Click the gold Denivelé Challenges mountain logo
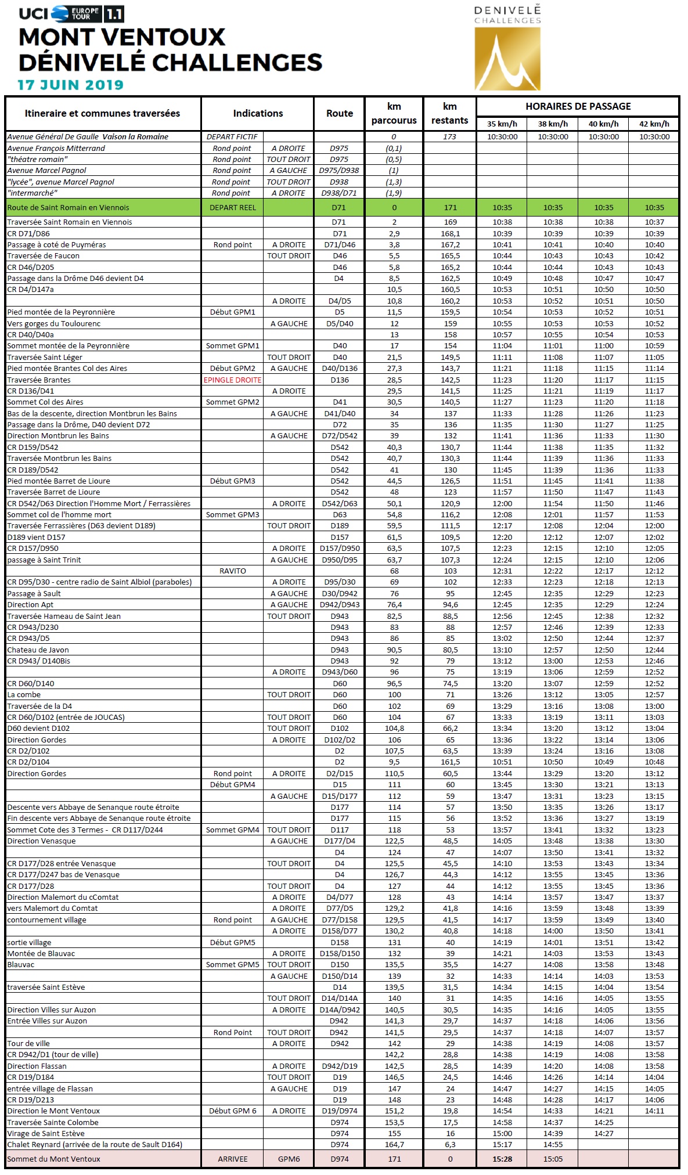point(507,59)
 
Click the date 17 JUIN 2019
point(70,85)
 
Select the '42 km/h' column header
point(654,124)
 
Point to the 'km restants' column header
point(449,113)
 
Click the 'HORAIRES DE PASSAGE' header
point(578,106)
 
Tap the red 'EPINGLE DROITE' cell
point(232,380)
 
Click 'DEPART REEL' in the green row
point(232,207)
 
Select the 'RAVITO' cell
point(232,571)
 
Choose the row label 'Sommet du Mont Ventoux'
point(53,1159)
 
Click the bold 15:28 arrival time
point(502,1159)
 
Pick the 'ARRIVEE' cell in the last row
point(232,1159)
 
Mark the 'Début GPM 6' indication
point(232,1111)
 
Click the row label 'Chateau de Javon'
point(38,650)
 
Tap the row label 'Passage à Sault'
point(34,593)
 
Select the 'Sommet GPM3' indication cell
point(232,514)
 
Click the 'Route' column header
point(340,113)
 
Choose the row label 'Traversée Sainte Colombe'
point(53,1122)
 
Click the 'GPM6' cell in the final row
point(289,1159)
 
